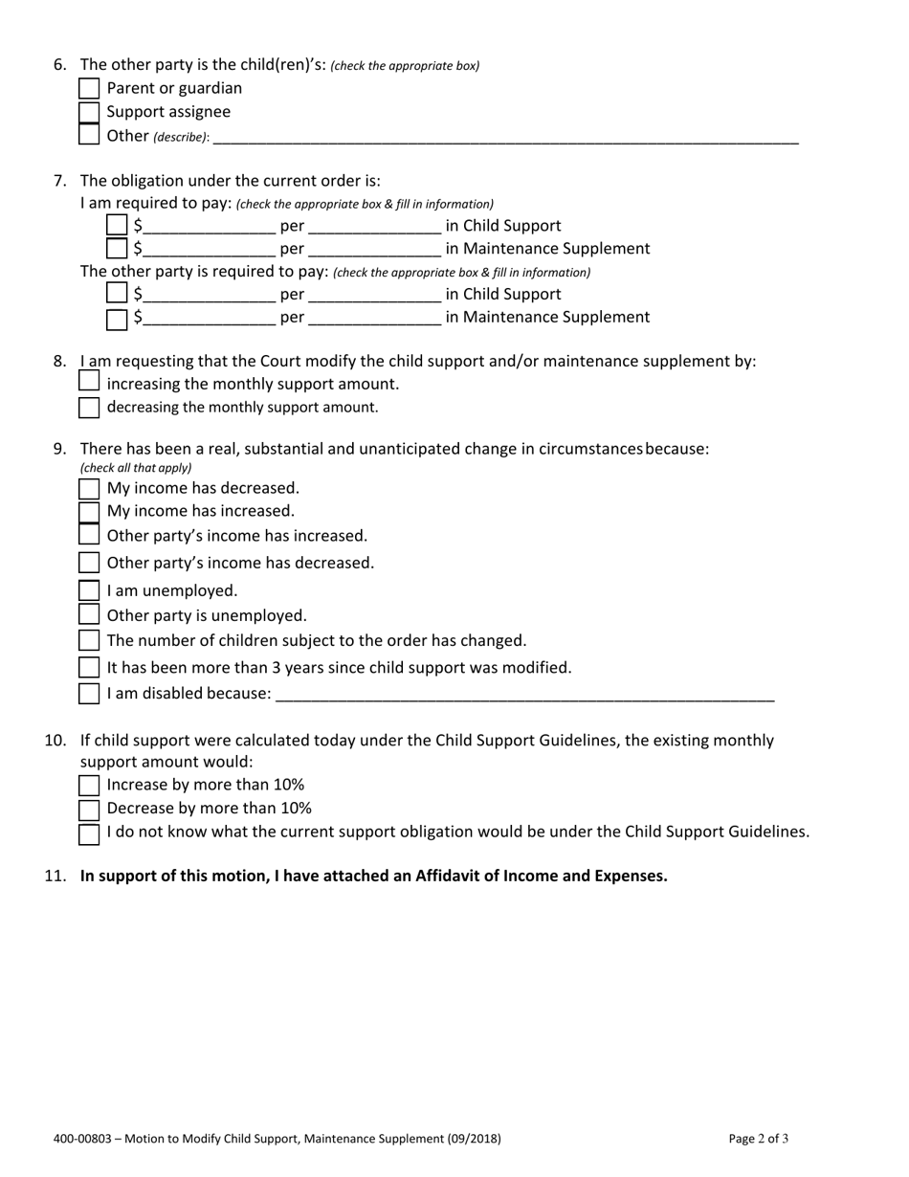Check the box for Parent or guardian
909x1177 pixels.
(x=89, y=89)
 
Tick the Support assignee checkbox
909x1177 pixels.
(x=89, y=112)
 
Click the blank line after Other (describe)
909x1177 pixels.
(x=505, y=137)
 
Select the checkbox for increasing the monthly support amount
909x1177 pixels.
(x=89, y=382)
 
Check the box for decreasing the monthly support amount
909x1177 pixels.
(x=89, y=408)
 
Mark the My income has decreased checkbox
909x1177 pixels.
(x=89, y=489)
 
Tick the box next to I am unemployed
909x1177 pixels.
(x=89, y=591)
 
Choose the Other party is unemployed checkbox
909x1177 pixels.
(x=89, y=615)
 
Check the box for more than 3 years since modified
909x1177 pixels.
(x=89, y=668)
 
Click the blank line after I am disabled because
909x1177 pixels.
(x=524, y=694)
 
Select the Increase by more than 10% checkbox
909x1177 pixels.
(x=89, y=786)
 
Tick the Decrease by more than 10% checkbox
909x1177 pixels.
(x=89, y=809)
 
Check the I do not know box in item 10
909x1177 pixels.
(x=89, y=833)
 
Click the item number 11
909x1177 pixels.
(x=55, y=876)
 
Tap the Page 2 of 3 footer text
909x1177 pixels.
(x=758, y=1139)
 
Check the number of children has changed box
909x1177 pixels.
(x=89, y=641)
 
